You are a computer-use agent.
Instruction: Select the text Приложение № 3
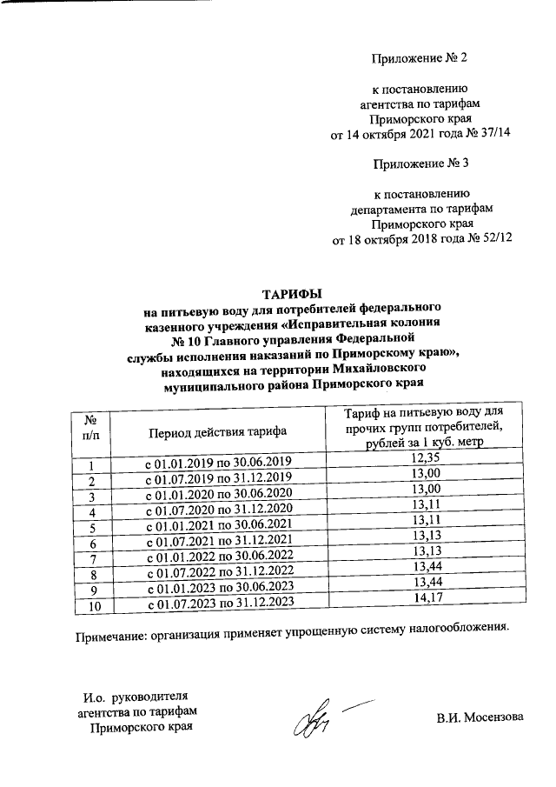tap(420, 163)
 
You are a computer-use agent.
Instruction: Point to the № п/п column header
tap(89, 426)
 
